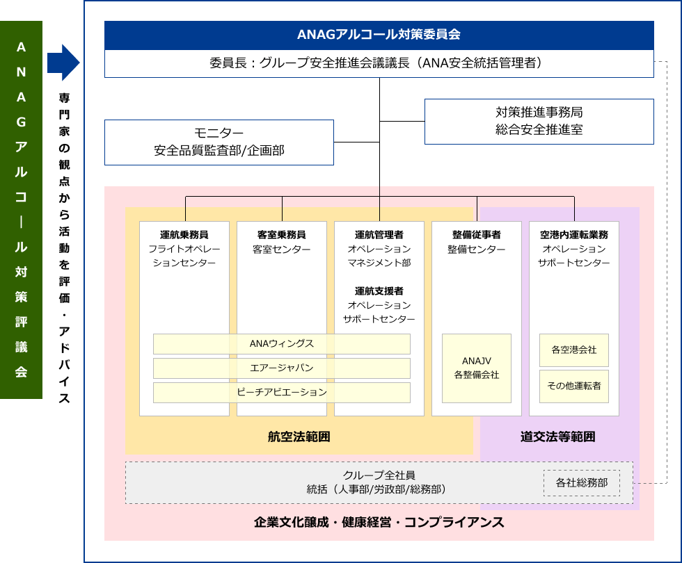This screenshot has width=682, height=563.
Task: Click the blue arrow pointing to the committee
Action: (x=63, y=63)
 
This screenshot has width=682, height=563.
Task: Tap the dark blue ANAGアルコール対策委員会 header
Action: (x=379, y=35)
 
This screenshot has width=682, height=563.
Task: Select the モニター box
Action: (x=219, y=142)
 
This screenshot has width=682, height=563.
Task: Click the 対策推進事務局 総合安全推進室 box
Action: (x=539, y=122)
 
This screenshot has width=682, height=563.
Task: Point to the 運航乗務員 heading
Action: (x=184, y=235)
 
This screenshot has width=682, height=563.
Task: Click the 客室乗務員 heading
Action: (x=281, y=235)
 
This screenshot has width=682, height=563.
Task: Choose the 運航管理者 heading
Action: (x=379, y=235)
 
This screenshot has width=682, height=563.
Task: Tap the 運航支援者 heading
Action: (x=379, y=291)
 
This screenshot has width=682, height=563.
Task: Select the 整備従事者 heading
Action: (x=476, y=235)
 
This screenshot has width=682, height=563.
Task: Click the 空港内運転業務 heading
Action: (x=574, y=235)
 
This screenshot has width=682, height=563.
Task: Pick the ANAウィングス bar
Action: (x=281, y=344)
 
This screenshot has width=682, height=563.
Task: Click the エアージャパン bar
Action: (x=281, y=368)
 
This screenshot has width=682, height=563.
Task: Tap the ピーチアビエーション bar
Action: (x=281, y=392)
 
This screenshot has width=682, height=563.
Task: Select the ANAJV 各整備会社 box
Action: (x=476, y=368)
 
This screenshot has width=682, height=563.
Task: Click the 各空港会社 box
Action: (x=574, y=350)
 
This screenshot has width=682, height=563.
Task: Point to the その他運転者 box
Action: (x=574, y=386)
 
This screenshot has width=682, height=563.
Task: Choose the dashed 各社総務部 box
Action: (x=582, y=482)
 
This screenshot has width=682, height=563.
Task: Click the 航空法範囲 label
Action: (x=299, y=436)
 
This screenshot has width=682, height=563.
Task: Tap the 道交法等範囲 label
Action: (x=557, y=436)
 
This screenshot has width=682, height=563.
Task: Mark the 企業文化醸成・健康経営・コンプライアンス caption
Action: (x=379, y=522)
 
